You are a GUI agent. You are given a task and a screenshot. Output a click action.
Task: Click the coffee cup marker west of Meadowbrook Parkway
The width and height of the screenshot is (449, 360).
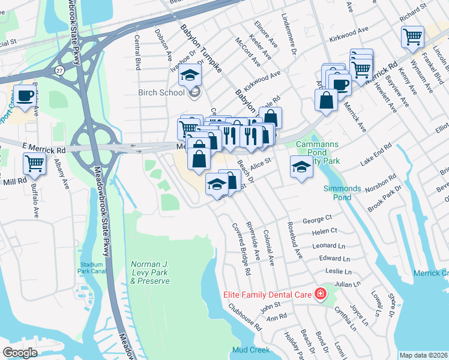pos(25,96)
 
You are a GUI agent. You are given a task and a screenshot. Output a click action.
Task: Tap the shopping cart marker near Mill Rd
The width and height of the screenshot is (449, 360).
pos(35,163)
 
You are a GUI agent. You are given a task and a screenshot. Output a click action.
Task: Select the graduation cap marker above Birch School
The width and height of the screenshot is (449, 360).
pos(190,76)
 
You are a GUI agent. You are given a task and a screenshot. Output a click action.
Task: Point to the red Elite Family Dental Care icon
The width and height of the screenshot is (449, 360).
pos(321,294)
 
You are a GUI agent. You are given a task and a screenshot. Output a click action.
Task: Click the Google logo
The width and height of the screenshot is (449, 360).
pos(20,352)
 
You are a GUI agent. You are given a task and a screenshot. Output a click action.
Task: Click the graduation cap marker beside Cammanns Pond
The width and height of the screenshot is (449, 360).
pos(301,167)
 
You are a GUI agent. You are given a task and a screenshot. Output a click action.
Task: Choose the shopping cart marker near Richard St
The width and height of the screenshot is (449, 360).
pos(412,37)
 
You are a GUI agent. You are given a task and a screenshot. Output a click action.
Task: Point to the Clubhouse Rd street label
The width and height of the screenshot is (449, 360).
pos(245,317)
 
